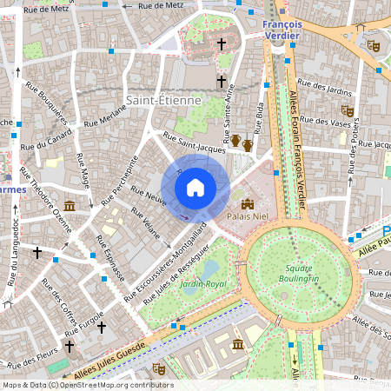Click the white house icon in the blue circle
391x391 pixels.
point(195,187)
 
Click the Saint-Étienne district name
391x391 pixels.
point(163,101)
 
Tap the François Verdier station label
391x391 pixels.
point(281,30)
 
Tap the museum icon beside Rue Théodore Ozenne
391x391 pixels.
point(69,206)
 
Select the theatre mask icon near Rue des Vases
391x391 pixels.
point(348,111)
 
